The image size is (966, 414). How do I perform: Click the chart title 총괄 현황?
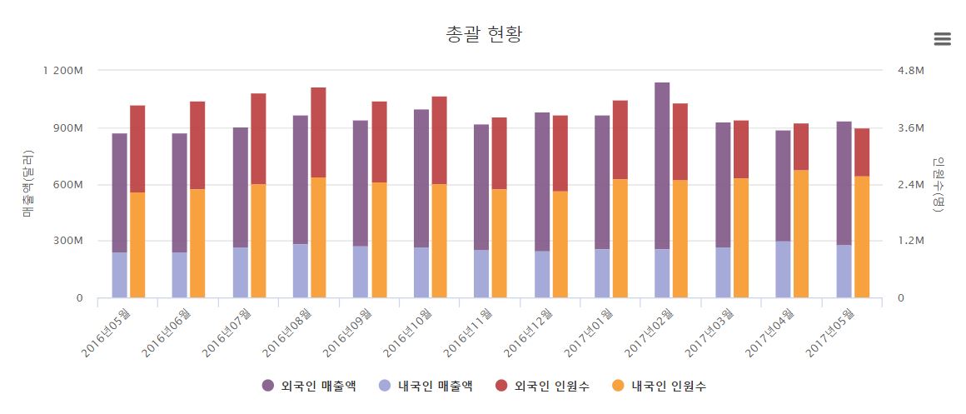(x=484, y=34)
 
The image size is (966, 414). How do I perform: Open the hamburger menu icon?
(x=942, y=38)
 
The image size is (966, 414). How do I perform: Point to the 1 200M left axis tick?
(x=62, y=71)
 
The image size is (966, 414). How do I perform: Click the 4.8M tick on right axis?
(x=907, y=71)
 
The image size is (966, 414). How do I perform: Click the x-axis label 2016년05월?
(x=107, y=332)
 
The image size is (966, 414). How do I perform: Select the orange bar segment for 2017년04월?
(x=801, y=233)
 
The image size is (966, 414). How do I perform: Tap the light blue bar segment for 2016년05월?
(x=119, y=274)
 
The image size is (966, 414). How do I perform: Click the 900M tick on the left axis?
(x=67, y=127)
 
